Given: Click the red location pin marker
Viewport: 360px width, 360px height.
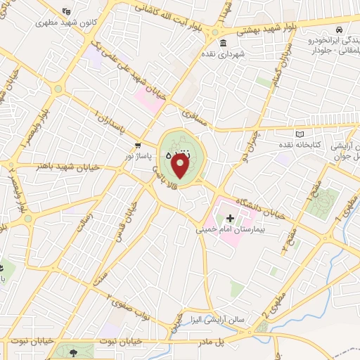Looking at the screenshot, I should coord(181,167).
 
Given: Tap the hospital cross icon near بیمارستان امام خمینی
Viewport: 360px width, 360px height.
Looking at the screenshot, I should coord(230,219).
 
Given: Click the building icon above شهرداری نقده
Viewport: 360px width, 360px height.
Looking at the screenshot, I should coord(223,44).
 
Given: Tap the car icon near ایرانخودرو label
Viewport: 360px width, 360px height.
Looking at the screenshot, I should coord(340,30).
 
